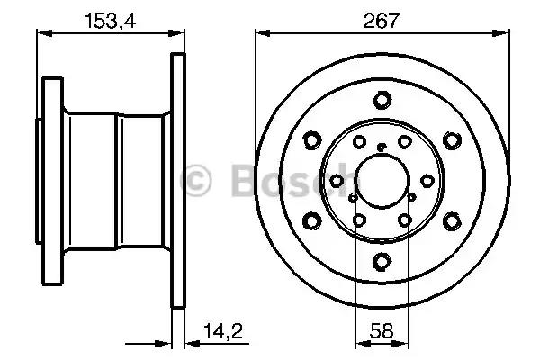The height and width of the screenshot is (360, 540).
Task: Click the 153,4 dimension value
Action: coord(110,21)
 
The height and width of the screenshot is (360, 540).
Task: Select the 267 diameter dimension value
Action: coord(382,21)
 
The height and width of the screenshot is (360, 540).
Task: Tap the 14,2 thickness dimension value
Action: coord(223,331)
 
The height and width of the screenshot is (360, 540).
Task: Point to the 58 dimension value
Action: coord(382,331)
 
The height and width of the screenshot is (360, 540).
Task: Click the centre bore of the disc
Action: coord(382,181)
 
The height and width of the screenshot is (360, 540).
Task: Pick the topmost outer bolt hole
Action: coord(382,100)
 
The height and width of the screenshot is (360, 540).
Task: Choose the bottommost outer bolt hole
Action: coord(382,261)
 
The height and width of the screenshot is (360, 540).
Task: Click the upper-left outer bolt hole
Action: coord(312,140)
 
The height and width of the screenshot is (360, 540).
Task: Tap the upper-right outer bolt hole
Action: coord(452,140)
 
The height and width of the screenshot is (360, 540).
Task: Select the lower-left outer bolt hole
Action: coord(312,220)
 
